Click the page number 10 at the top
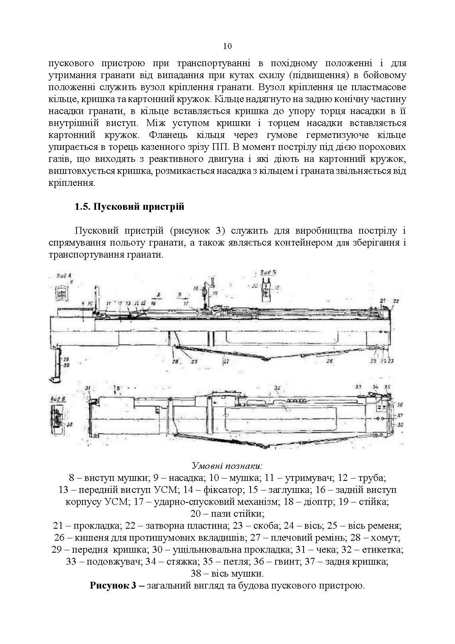[x=227, y=46]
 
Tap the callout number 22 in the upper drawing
[x=396, y=301]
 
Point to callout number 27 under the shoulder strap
[x=226, y=362]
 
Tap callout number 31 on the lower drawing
[x=88, y=388]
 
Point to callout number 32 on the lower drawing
[x=278, y=388]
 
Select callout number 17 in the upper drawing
[x=186, y=303]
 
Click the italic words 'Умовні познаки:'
[x=227, y=466]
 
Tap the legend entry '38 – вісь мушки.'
[x=227, y=574]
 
